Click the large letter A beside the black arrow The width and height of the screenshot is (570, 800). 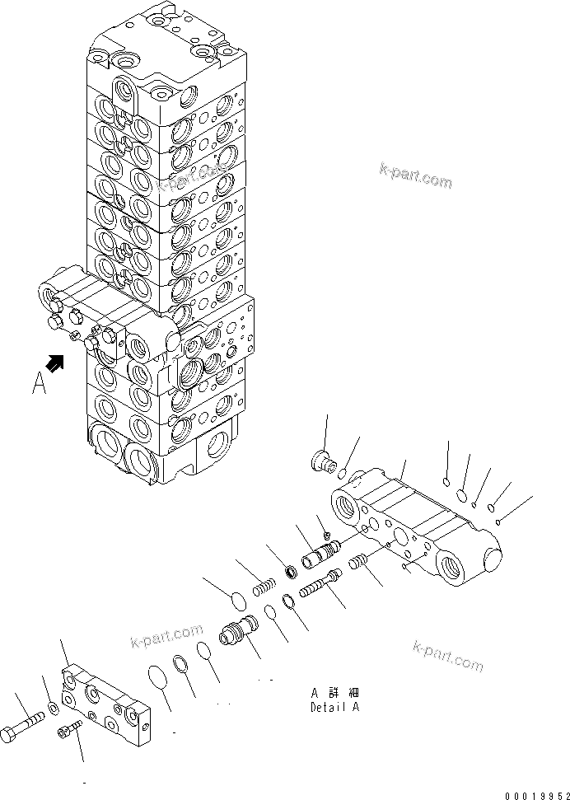tap(39, 383)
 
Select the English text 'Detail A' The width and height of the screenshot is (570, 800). tap(334, 707)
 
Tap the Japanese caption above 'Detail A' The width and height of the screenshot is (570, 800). tap(334, 693)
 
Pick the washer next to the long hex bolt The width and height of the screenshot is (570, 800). tap(53, 708)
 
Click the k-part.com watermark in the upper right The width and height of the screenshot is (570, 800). tap(415, 176)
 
